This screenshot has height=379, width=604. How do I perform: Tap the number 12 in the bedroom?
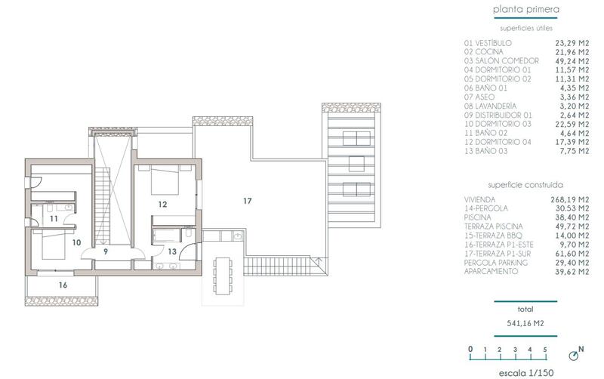[162, 204]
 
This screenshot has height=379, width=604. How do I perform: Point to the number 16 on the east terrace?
[63, 285]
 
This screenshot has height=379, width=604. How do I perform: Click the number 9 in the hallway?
[106, 251]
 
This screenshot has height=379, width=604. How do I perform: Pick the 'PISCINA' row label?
[479, 217]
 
